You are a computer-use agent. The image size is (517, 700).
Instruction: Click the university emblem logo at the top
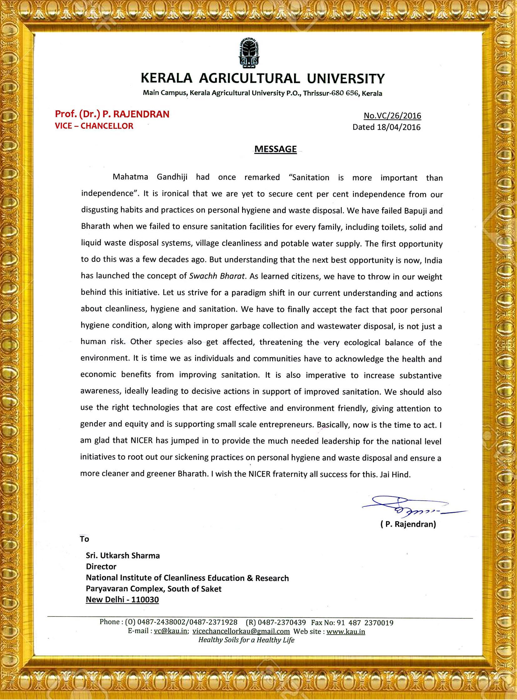249,53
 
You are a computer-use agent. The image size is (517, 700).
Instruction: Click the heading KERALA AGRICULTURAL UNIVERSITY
263,79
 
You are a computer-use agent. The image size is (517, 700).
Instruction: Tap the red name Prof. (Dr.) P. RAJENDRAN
112,114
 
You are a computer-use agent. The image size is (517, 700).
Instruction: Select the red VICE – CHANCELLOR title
94,126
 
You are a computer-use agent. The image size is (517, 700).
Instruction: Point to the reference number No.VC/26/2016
392,116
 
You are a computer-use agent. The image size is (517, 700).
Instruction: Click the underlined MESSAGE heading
276,149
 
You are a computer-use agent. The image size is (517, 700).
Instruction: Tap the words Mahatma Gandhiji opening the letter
150,177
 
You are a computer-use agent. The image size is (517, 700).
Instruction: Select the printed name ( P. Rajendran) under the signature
408,524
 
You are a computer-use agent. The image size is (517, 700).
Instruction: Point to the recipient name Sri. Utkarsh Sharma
123,555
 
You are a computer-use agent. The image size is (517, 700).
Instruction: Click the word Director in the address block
101,566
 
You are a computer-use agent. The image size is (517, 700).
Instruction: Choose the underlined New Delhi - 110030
122,600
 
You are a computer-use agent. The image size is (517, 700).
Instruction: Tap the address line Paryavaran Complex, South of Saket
154,589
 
